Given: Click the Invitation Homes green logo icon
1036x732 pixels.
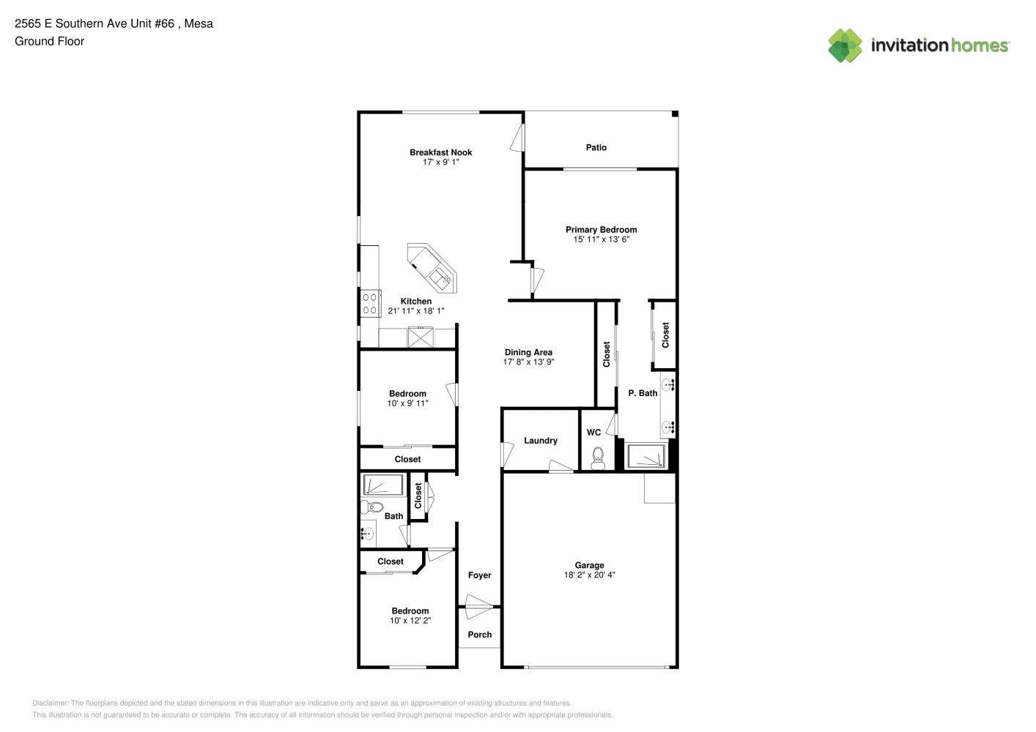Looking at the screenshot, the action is click(x=845, y=45).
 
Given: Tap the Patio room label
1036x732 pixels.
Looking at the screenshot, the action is click(x=596, y=147).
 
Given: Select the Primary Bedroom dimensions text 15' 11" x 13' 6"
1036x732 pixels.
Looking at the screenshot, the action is click(x=602, y=239).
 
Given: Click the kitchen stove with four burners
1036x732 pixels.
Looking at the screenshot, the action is click(x=371, y=303).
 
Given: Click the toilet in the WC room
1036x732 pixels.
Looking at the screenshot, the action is click(x=598, y=457).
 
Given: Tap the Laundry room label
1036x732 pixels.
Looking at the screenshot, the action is click(x=541, y=441).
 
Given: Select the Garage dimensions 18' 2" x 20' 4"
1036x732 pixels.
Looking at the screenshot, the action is click(x=589, y=575).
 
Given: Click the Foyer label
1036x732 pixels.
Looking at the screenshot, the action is click(x=480, y=575).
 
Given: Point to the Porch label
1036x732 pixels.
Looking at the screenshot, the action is click(x=480, y=635).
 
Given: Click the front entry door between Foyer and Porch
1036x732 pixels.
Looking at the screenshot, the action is click(x=478, y=606).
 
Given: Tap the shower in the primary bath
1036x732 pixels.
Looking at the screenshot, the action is click(x=645, y=455).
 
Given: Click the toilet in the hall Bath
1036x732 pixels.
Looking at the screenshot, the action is click(x=372, y=507).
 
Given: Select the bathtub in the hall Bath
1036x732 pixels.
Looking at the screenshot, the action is click(x=383, y=485).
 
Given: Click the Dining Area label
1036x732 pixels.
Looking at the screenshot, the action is click(x=528, y=352).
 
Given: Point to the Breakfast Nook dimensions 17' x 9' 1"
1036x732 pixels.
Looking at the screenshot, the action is click(x=441, y=163).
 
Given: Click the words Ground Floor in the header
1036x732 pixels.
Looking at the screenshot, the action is click(x=50, y=41).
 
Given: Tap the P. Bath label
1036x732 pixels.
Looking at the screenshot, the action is click(x=643, y=393).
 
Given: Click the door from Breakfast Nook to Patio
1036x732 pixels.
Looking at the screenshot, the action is click(x=518, y=138).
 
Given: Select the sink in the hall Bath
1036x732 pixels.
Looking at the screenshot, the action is click(x=367, y=534).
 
